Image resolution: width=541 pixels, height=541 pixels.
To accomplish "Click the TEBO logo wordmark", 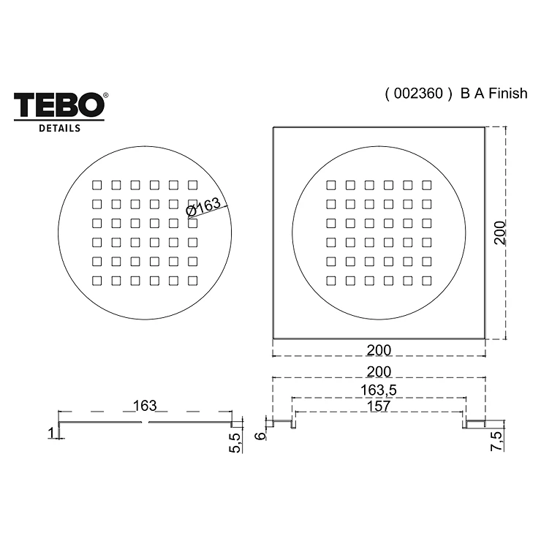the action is [x=58, y=105].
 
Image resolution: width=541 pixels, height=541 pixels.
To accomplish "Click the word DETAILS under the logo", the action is [x=59, y=129].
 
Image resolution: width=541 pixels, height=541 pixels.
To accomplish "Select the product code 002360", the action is [x=418, y=94].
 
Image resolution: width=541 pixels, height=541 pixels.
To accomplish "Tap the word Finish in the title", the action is [x=508, y=94].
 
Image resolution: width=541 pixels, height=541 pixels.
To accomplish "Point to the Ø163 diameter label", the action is [x=203, y=207].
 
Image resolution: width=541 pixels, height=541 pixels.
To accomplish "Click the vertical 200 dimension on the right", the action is [x=499, y=233].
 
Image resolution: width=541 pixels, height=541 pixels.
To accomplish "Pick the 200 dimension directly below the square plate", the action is [x=379, y=350].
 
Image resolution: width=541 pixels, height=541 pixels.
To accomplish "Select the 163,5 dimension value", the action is [x=379, y=390].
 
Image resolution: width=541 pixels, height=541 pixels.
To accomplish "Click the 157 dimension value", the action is [x=379, y=406].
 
